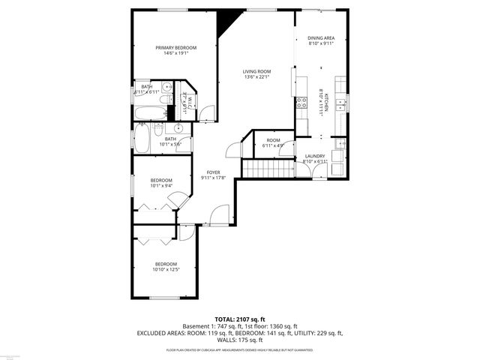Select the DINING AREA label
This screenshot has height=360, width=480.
click(x=320, y=37)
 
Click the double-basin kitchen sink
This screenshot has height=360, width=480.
click(x=340, y=102)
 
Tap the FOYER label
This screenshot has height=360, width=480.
click(x=214, y=172)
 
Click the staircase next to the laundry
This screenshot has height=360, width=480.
click(x=265, y=168)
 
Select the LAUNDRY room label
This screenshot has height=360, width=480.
click(x=315, y=156)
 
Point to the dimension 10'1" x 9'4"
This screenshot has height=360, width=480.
click(x=160, y=186)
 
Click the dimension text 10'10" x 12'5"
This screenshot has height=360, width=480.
click(x=166, y=270)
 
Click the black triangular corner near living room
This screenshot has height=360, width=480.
click(x=226, y=22)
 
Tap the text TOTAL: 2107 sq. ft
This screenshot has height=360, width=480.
click(x=239, y=319)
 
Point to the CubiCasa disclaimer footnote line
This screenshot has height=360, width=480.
click(x=239, y=350)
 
